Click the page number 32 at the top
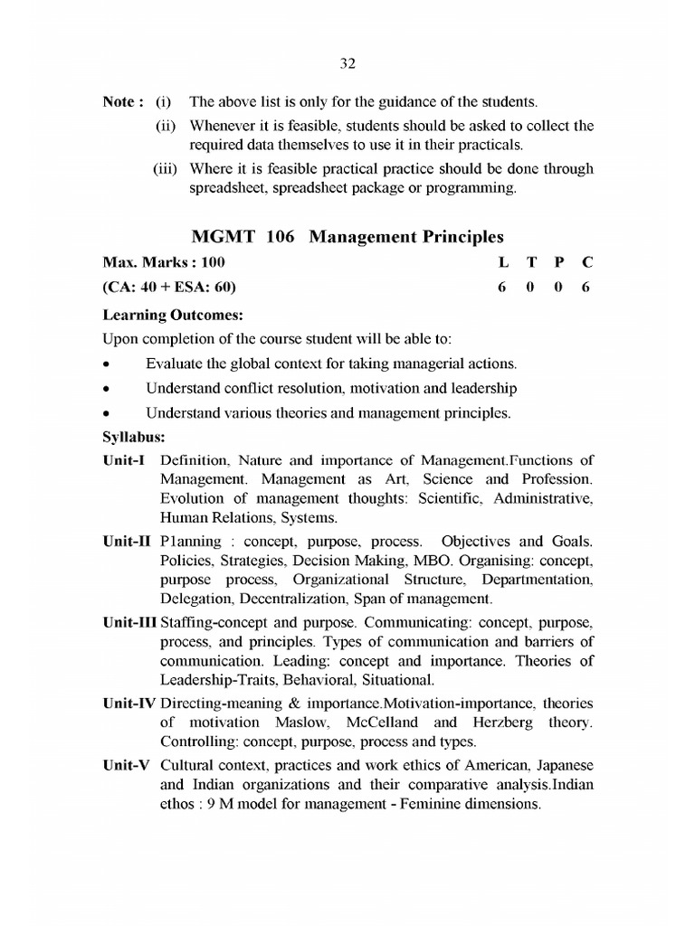click(347, 63)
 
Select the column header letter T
click(531, 262)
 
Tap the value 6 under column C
click(586, 288)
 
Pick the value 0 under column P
click(559, 288)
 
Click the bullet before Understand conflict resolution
click(108, 390)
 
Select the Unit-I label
click(125, 458)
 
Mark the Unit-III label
click(131, 624)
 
